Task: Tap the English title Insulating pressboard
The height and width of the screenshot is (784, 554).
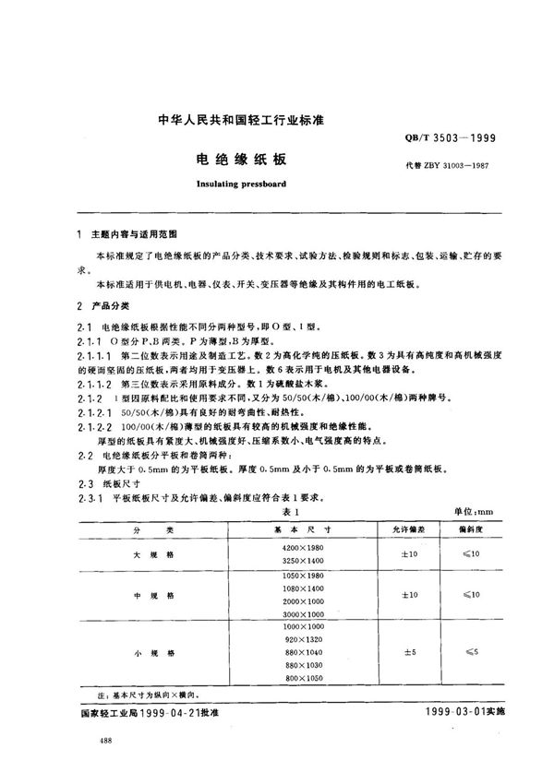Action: coord(241,184)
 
